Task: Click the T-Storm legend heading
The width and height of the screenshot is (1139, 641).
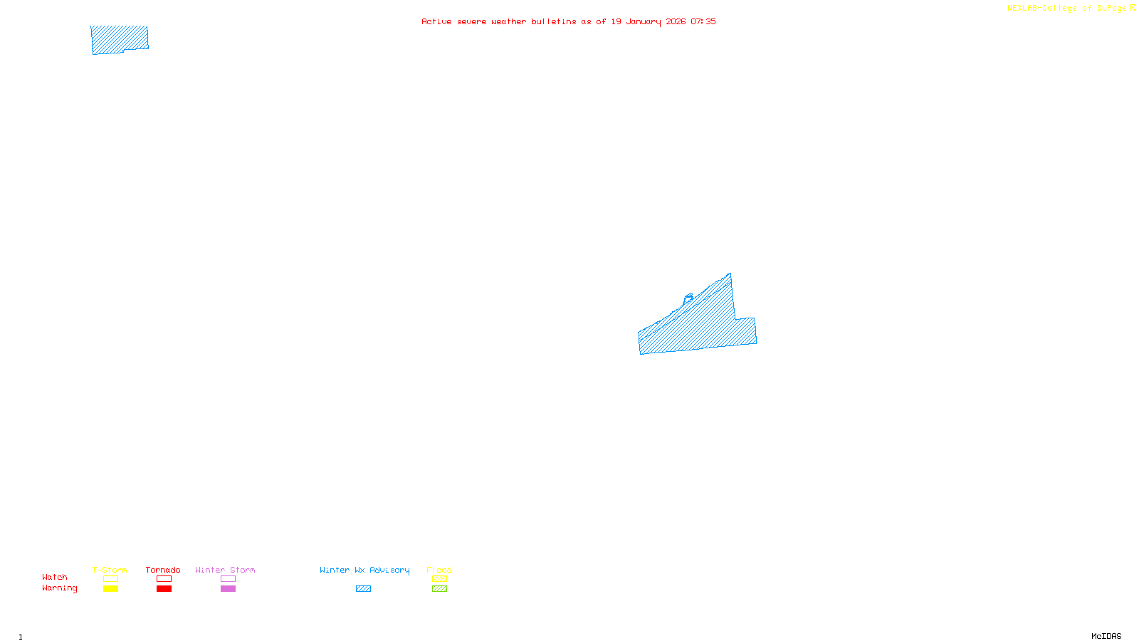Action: (x=110, y=570)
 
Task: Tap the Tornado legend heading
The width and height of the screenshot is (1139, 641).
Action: (x=163, y=570)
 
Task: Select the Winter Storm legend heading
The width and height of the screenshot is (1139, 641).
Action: (x=225, y=570)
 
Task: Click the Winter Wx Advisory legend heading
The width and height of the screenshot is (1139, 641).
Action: (x=364, y=570)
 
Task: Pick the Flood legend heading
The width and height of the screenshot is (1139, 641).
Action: (x=439, y=570)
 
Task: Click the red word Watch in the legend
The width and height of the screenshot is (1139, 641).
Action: (x=55, y=577)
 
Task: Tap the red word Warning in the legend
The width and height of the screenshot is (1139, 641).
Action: (x=59, y=588)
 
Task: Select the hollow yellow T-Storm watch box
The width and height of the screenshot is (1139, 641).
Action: (x=110, y=579)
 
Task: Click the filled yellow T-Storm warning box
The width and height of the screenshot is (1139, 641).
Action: (x=110, y=589)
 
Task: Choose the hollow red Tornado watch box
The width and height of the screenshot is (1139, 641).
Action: (x=164, y=579)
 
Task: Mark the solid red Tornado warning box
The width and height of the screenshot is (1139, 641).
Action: (x=164, y=589)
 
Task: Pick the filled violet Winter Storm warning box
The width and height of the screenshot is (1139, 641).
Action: (x=228, y=589)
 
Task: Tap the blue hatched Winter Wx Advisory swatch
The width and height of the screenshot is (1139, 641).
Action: (x=363, y=589)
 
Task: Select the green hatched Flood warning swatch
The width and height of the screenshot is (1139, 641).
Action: (x=439, y=589)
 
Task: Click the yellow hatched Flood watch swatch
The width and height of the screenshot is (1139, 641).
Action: (x=439, y=579)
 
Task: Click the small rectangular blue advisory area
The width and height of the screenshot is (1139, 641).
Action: (x=119, y=39)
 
